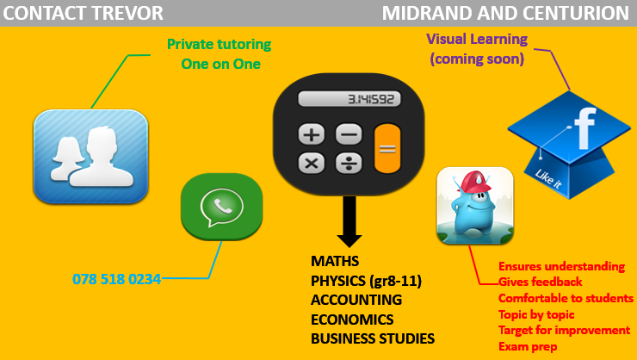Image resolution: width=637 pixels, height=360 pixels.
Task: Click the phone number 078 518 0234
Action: point(116,279)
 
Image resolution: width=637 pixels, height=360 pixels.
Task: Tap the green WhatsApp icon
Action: point(222,207)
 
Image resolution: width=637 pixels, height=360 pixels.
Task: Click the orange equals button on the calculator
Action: point(387,149)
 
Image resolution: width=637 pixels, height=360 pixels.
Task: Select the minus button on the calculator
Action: point(349,134)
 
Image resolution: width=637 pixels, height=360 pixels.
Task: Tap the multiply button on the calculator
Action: point(312,164)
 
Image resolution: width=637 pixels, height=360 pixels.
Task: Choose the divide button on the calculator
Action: point(349,164)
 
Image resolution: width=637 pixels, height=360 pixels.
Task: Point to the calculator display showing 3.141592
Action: point(349,99)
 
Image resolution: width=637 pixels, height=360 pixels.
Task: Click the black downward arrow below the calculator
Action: point(349,221)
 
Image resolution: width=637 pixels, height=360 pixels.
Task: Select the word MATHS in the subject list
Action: point(335,261)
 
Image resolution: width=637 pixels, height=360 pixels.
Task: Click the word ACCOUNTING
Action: point(356,300)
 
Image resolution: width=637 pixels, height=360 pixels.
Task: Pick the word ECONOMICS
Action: point(352,320)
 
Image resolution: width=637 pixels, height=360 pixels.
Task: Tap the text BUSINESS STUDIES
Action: point(373,338)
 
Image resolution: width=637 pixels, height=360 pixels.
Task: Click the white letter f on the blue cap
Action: point(585,128)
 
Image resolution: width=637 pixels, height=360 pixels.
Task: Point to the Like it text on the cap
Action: point(548,179)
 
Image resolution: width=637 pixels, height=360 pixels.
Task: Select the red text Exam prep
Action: point(528,346)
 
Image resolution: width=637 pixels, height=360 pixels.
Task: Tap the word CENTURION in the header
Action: point(576,13)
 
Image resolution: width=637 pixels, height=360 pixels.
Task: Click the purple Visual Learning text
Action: point(477,39)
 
